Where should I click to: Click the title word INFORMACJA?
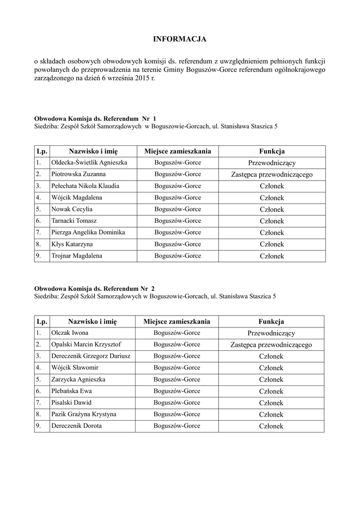coord(179,39)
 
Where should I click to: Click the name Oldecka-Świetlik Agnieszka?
coord(89,163)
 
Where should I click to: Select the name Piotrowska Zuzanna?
coord(78,175)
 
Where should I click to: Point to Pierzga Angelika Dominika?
coord(88,233)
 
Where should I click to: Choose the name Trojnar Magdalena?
coord(76,256)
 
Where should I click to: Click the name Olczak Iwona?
coord(70,333)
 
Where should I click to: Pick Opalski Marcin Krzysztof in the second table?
coord(86,344)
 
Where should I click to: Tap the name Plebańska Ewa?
coord(72,391)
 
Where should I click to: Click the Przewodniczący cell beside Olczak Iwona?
coord(271,333)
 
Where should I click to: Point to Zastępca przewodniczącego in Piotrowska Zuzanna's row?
coord(272,175)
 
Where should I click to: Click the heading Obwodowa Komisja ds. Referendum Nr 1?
coord(95,119)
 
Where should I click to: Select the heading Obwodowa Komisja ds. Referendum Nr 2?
coord(94,289)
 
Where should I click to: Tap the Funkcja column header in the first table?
coord(272,151)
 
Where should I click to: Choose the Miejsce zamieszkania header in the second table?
coord(177,321)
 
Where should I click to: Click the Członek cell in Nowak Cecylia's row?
coord(272,209)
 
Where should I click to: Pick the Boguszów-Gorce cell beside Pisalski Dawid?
coord(177,403)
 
